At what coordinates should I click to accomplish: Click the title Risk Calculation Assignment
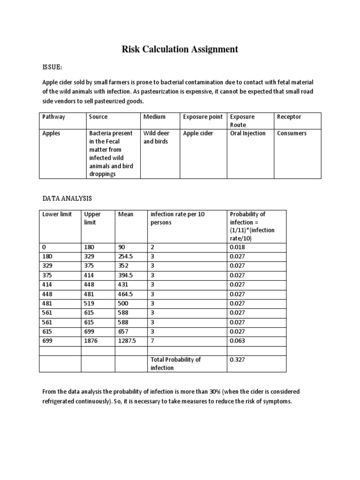pyautogui.click(x=180, y=49)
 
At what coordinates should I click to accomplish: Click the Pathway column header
pyautogui.click(x=54, y=117)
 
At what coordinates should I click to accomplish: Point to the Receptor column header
pyautogui.click(x=289, y=117)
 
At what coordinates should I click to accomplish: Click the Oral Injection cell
pyautogui.click(x=247, y=133)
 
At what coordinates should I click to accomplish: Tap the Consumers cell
pyautogui.click(x=292, y=133)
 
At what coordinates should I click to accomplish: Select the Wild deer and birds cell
pyautogui.click(x=157, y=137)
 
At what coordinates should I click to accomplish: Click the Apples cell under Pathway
pyautogui.click(x=52, y=133)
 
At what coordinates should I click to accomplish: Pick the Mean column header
pyautogui.click(x=126, y=214)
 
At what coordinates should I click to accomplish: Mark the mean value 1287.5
pyautogui.click(x=127, y=341)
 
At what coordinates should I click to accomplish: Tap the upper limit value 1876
pyautogui.click(x=91, y=341)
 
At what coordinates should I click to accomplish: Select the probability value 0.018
pyautogui.click(x=237, y=248)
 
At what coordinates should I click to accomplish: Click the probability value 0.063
pyautogui.click(x=237, y=341)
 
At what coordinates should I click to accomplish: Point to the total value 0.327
pyautogui.click(x=237, y=360)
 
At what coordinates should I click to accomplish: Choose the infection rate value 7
pyautogui.click(x=152, y=341)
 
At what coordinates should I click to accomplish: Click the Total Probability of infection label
pyautogui.click(x=175, y=364)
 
